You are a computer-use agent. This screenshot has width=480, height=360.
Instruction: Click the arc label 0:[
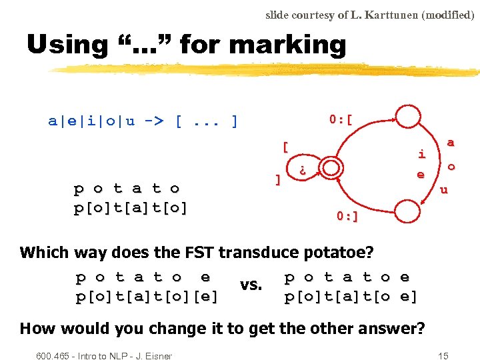(341, 120)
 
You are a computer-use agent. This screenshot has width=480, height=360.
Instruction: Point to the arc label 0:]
(347, 216)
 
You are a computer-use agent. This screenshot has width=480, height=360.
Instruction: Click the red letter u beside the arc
(442, 190)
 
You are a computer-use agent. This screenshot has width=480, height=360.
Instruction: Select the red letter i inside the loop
(421, 154)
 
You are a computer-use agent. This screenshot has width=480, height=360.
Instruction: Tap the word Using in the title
(67, 45)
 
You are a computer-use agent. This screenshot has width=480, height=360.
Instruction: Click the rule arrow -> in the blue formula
(154, 121)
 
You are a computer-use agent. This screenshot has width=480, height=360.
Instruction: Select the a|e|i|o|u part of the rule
(91, 121)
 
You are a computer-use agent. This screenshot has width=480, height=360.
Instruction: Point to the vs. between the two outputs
(251, 285)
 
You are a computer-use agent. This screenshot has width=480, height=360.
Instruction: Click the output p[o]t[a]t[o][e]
(147, 296)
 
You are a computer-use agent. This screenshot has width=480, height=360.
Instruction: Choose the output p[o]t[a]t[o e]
(351, 296)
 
